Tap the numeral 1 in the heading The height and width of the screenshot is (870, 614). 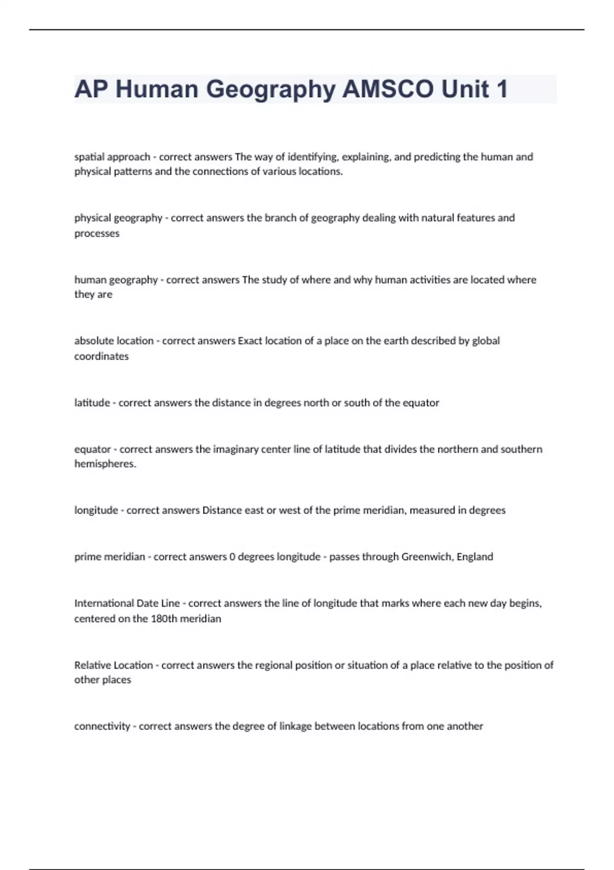pos(501,89)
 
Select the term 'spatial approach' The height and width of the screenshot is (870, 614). pos(112,157)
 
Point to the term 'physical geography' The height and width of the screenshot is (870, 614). pos(118,218)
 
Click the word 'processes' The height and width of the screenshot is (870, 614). pos(97,233)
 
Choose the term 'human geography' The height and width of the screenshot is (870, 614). pos(116,280)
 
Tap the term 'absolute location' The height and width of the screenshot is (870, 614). pos(114,341)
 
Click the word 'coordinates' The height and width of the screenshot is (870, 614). pos(101,356)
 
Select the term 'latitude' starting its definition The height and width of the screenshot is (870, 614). pos(92,403)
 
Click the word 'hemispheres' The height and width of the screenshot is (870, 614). pos(104,464)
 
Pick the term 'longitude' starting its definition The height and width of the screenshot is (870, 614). pos(96,510)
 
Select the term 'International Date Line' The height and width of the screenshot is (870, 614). pos(127,603)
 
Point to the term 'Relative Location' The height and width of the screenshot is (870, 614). pos(114,665)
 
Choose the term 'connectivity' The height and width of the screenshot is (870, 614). pos(102,726)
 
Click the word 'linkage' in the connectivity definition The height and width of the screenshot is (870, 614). pos(295,726)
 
